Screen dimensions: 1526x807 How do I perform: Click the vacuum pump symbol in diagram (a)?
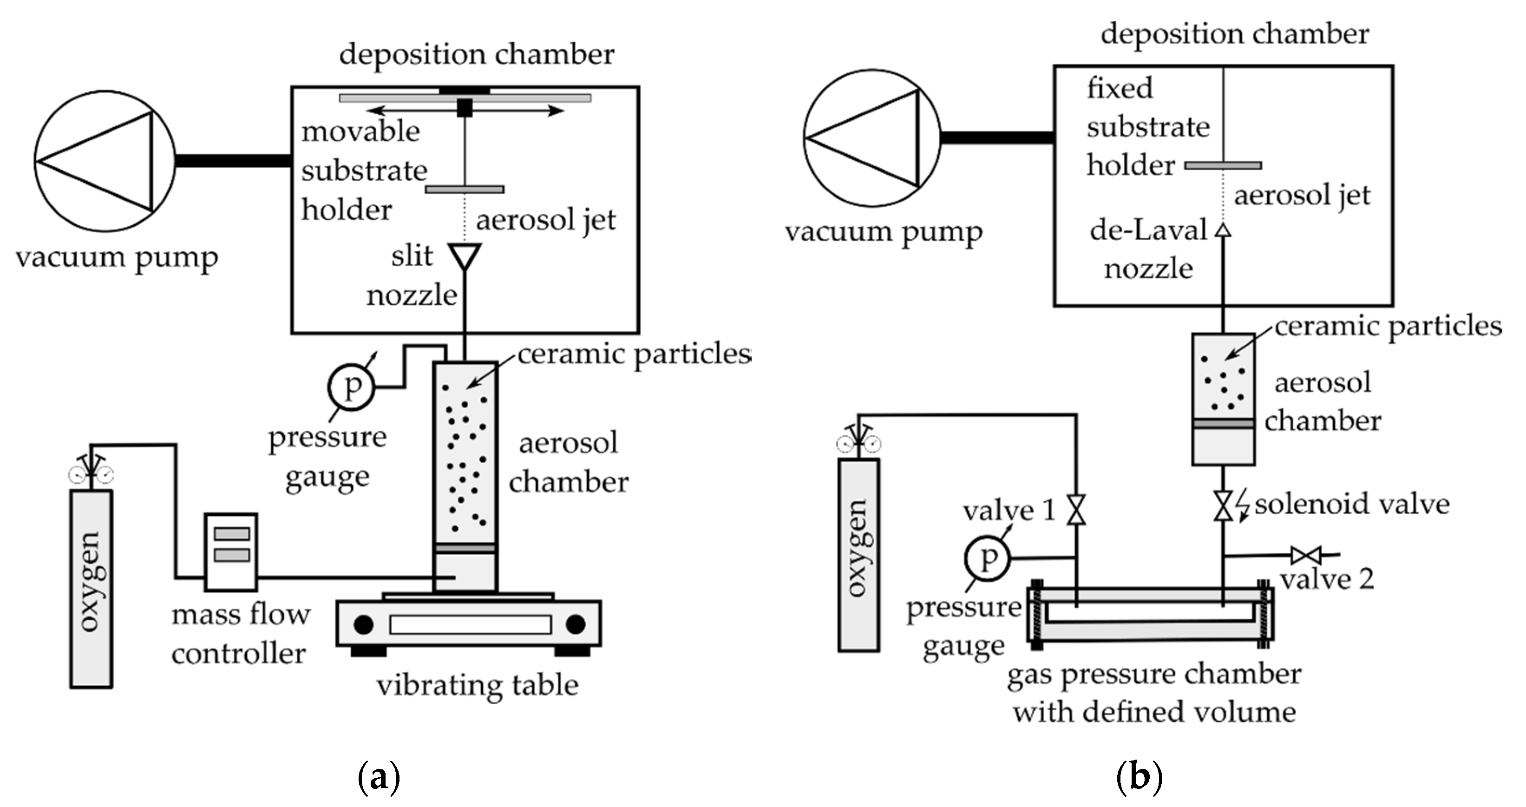click(105, 161)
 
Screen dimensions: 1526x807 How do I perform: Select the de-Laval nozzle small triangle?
click(1223, 230)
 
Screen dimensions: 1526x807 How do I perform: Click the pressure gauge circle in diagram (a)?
click(351, 387)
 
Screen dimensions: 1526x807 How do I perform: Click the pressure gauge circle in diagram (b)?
click(986, 558)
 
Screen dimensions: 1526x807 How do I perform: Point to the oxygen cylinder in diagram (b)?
click(858, 554)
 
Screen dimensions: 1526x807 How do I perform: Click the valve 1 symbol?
click(1076, 510)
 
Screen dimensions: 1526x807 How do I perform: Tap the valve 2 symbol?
click(1306, 556)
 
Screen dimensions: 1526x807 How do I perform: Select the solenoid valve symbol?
click(1223, 505)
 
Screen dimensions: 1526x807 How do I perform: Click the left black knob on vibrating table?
click(363, 624)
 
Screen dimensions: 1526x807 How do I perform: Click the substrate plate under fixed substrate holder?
click(1223, 165)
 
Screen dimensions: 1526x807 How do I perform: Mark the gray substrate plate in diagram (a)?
click(465, 190)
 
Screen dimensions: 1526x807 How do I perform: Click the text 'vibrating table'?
click(478, 686)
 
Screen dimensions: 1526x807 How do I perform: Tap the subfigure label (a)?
click(379, 777)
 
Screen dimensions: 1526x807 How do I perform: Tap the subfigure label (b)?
click(1139, 777)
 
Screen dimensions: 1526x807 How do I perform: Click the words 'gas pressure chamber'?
click(1154, 674)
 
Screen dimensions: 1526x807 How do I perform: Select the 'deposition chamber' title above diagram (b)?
click(1235, 34)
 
